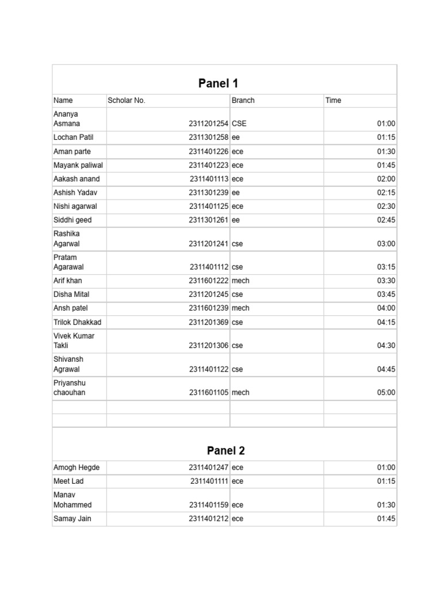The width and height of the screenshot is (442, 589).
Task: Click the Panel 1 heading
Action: click(x=218, y=83)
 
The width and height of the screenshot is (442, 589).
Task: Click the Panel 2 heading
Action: click(x=218, y=450)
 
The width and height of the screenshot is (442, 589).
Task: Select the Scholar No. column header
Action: click(x=127, y=100)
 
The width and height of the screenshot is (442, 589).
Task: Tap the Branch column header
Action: click(x=243, y=100)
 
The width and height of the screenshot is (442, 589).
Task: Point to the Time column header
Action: click(x=333, y=100)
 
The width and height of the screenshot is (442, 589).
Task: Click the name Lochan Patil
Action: click(x=73, y=137)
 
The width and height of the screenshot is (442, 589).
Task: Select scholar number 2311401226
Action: click(x=208, y=151)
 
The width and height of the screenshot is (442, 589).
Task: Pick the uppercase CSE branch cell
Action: click(x=239, y=123)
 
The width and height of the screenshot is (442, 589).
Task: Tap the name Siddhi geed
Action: click(x=73, y=220)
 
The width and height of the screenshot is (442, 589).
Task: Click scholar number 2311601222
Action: click(x=208, y=281)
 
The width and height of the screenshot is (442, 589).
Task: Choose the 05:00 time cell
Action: click(x=386, y=392)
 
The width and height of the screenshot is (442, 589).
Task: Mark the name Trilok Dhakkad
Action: click(x=77, y=322)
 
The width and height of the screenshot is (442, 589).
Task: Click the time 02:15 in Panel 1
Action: click(x=386, y=193)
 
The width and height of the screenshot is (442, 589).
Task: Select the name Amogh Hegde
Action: click(x=76, y=468)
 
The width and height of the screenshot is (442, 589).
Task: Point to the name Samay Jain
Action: click(x=72, y=518)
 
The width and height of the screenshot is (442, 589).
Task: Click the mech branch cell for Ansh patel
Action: click(x=241, y=308)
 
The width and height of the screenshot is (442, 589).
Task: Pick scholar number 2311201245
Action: click(x=208, y=294)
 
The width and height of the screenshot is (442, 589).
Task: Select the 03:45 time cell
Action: click(x=386, y=294)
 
